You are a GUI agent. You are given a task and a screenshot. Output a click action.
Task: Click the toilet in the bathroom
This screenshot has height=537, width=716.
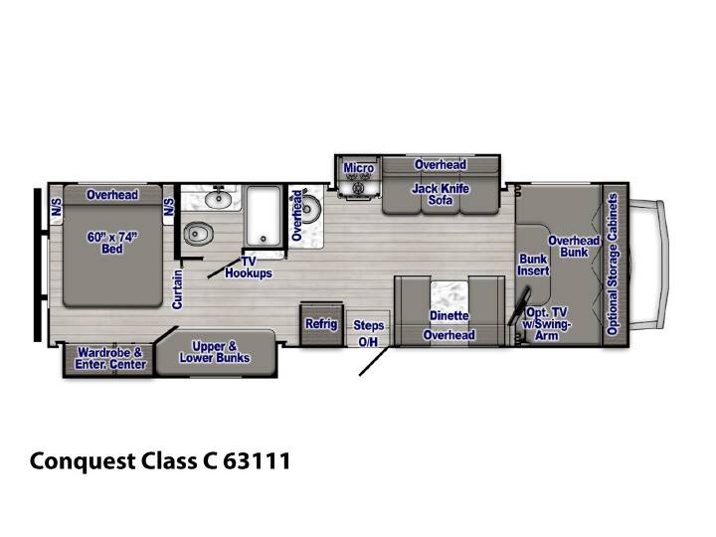coord(199,234)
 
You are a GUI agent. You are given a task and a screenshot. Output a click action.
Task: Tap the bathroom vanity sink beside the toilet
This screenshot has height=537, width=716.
coord(218,199)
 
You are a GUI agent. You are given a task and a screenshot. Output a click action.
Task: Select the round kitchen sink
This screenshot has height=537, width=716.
coord(310,209)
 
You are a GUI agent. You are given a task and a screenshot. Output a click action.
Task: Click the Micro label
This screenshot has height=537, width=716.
coord(359,168)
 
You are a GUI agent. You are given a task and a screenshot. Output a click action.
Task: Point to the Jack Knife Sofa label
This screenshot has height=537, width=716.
coord(441,194)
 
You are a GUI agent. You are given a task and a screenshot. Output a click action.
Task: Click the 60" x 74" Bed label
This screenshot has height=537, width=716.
coord(112,243)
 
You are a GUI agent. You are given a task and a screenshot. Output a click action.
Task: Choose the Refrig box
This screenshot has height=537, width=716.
coord(321,324)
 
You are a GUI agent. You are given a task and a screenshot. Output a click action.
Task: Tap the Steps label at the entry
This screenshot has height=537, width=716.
coord(369,325)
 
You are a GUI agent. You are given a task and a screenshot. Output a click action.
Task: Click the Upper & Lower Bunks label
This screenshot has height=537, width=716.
coord(215,352)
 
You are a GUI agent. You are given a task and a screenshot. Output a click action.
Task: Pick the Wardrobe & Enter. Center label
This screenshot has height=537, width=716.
coord(110,358)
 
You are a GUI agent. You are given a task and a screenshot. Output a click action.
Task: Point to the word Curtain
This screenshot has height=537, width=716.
coord(177,289)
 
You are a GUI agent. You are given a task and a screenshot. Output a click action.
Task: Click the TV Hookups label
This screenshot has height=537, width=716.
coord(249,268)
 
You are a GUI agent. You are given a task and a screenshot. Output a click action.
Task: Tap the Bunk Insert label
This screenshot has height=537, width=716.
coord(533,265)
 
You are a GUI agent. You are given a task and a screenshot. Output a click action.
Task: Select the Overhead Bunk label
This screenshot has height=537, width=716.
coord(574,247)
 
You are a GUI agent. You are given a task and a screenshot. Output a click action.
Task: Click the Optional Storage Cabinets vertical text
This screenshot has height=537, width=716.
coord(613,264)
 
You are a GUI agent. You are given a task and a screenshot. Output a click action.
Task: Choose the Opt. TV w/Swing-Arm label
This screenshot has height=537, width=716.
coord(547,324)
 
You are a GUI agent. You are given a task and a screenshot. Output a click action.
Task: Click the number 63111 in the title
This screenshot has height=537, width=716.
coord(258,460)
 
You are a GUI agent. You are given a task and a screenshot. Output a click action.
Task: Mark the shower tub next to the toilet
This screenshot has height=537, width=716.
coord(263,216)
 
